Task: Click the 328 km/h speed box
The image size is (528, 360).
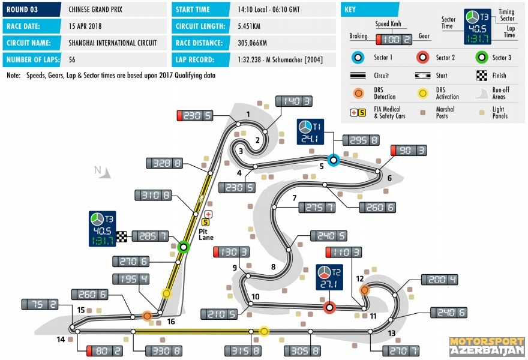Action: click(x=164, y=163)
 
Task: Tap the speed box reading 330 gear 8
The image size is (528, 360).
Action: click(x=164, y=351)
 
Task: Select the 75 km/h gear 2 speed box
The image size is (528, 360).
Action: click(x=40, y=304)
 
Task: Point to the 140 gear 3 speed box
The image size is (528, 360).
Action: click(x=294, y=101)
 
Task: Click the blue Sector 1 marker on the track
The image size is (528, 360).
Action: click(x=334, y=160)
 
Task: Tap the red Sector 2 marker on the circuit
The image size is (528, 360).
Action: click(x=329, y=307)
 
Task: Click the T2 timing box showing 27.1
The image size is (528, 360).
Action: click(x=329, y=277)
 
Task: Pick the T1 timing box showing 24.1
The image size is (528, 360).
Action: click(x=310, y=131)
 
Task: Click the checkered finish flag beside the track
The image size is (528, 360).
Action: click(x=122, y=237)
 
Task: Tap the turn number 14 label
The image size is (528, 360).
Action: click(x=61, y=340)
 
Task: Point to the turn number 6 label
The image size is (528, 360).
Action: click(x=389, y=178)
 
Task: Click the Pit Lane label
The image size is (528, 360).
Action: click(x=206, y=235)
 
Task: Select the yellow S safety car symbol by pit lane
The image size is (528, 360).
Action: click(x=205, y=222)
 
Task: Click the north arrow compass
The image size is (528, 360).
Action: click(x=103, y=171)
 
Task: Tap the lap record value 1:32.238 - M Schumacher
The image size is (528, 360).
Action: click(x=280, y=59)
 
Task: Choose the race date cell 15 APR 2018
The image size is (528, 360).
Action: click(x=85, y=26)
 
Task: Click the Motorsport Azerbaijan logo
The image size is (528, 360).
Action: click(x=487, y=346)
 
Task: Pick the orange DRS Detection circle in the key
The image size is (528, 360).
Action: click(x=359, y=93)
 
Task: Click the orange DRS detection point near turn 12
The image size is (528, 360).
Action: click(x=364, y=290)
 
